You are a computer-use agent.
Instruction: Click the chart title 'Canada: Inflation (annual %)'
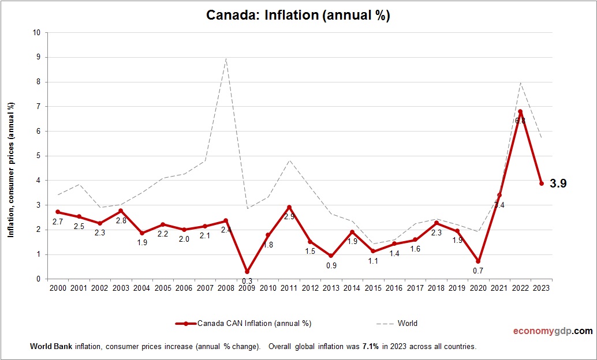tap(298, 16)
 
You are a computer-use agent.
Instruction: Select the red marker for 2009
tap(247, 272)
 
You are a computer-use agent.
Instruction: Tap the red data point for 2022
tap(521, 111)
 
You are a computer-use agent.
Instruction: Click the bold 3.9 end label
tap(558, 183)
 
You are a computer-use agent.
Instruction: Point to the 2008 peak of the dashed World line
tap(226, 58)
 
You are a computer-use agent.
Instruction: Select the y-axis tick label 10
tap(36, 33)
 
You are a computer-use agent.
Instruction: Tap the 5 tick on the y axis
tap(38, 156)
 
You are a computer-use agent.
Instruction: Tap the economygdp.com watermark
tap(553, 331)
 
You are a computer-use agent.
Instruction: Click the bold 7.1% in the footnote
tap(371, 347)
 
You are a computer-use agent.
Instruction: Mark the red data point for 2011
tap(289, 207)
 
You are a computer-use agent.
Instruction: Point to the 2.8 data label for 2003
tap(121, 220)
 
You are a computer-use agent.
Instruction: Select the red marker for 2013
tap(331, 256)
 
